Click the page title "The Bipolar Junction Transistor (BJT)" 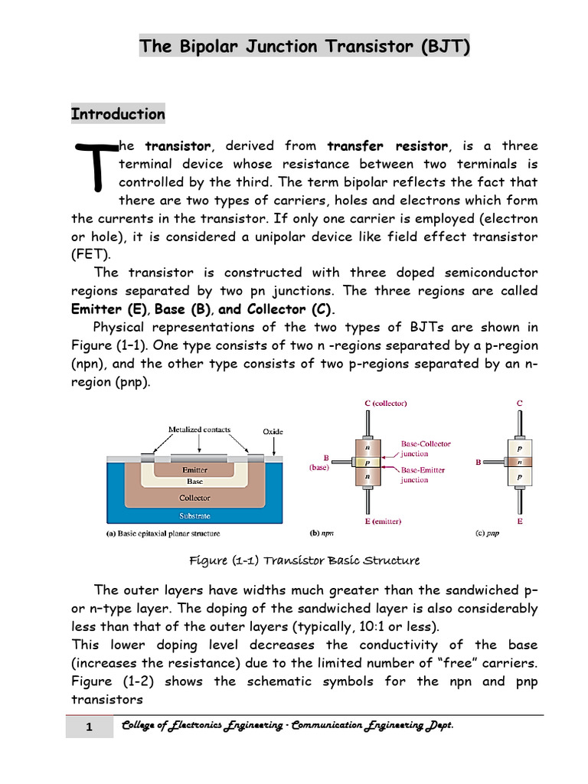tap(304, 47)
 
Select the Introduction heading tap(118, 114)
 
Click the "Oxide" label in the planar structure tap(273, 432)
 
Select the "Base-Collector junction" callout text tap(426, 449)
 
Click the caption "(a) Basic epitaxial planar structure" tap(162, 534)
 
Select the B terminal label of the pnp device tap(478, 462)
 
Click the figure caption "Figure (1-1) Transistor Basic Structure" tap(304, 560)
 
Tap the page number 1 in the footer tap(89, 727)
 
